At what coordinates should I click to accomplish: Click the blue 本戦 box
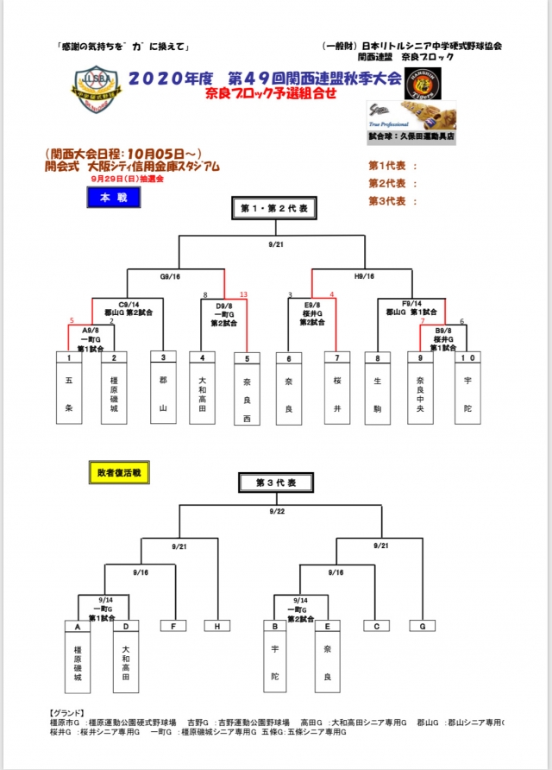coord(113,197)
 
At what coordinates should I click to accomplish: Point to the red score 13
coord(243,295)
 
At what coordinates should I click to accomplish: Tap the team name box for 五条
coord(69,393)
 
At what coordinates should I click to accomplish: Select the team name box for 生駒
coord(378,393)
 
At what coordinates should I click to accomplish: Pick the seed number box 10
coord(467,357)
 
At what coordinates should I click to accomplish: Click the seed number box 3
coord(162,357)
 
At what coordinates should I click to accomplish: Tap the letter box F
coord(173,626)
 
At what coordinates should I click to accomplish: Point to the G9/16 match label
coord(170,277)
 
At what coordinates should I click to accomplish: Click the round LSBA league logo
coord(91,90)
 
